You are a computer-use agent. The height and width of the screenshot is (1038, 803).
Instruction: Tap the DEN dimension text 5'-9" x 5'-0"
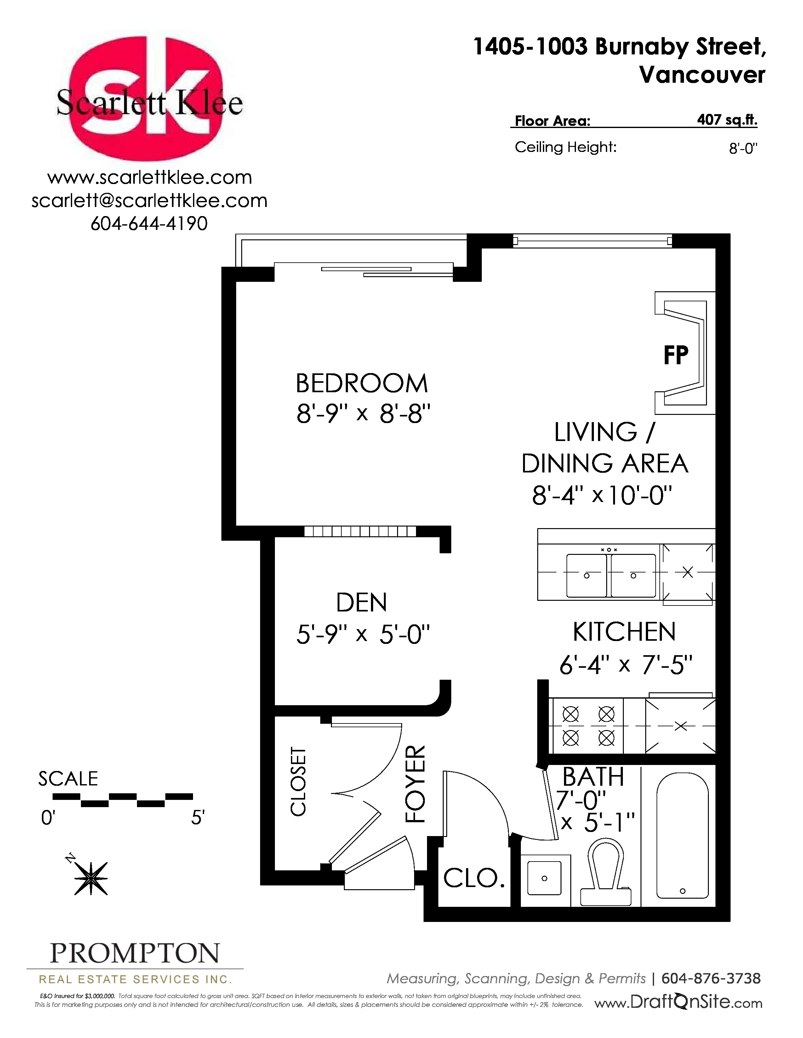(363, 634)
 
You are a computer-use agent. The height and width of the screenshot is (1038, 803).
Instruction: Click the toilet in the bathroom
(606, 871)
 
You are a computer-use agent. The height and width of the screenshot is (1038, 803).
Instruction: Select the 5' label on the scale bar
(197, 818)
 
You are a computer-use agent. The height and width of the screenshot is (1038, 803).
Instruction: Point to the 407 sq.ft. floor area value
(727, 120)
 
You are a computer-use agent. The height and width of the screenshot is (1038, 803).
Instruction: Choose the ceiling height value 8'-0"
(743, 149)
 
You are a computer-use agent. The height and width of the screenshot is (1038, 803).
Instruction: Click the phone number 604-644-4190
(149, 223)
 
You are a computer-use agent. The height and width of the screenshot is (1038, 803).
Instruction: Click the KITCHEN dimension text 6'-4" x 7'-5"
(626, 664)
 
